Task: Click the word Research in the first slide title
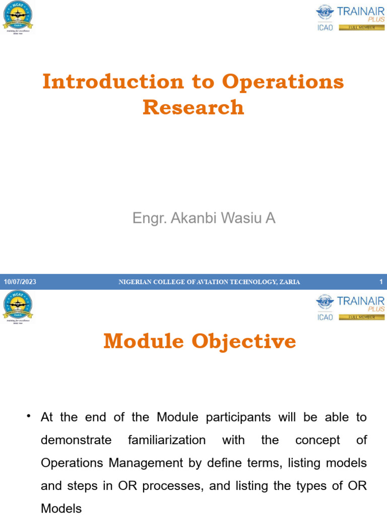click(193, 107)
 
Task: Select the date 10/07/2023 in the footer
click(20, 282)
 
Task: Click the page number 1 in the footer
click(381, 282)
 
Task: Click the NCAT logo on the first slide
click(18, 15)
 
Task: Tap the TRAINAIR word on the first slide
click(360, 11)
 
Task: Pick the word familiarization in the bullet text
click(167, 440)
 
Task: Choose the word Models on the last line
click(60, 508)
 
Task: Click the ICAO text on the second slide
click(325, 317)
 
